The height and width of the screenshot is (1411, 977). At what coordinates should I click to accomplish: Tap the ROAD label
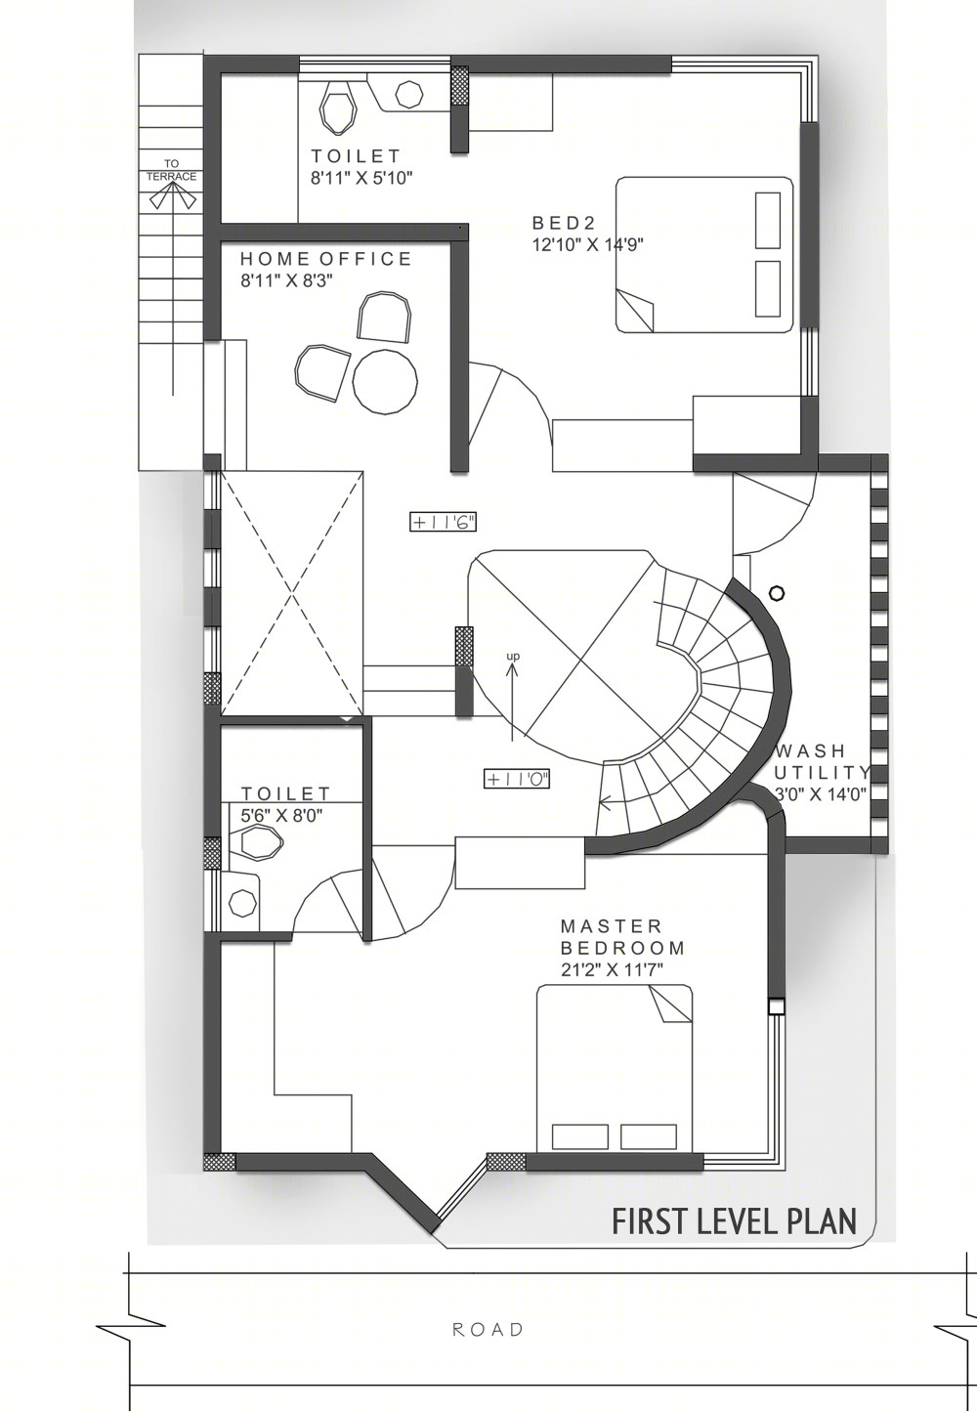(x=488, y=1330)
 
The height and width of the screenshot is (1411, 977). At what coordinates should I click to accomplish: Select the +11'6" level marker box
(x=443, y=522)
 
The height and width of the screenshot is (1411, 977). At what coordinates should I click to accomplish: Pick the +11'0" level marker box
(x=517, y=779)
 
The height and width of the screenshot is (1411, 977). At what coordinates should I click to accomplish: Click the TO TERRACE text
(x=171, y=170)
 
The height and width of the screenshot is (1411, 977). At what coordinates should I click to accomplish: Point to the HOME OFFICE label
(x=325, y=258)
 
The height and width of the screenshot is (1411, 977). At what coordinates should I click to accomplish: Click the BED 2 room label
(x=565, y=223)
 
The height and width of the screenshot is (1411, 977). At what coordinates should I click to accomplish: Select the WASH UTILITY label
(x=822, y=761)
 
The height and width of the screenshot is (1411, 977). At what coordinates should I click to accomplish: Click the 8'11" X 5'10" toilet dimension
(x=361, y=178)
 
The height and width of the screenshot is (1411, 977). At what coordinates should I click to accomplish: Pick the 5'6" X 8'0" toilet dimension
(x=282, y=816)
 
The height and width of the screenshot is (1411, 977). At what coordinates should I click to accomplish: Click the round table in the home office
(x=386, y=382)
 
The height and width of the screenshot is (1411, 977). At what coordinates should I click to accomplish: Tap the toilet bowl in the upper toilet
(x=338, y=109)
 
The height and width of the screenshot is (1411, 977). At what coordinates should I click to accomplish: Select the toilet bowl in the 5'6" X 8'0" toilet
(x=256, y=842)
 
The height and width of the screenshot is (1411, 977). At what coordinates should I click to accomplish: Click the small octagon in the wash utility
(x=776, y=593)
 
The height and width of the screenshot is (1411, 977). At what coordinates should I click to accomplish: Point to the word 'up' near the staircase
(x=513, y=657)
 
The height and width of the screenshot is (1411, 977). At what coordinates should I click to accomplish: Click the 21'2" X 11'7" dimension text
(x=613, y=969)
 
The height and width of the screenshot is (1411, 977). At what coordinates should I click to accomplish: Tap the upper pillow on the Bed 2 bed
(x=767, y=221)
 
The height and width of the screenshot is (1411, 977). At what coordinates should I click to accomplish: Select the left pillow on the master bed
(x=579, y=1137)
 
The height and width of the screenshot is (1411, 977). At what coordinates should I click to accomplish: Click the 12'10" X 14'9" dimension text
(x=588, y=244)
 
